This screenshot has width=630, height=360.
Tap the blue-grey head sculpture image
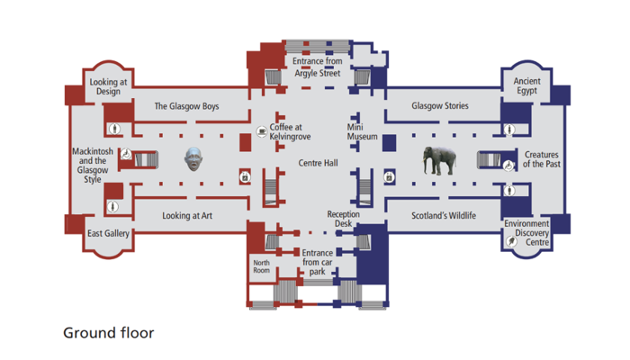pos(193,160)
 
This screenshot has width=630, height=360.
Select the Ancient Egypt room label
pos(526,86)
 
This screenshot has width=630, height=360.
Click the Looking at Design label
pos(108,86)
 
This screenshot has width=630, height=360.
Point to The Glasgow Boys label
pos(186,106)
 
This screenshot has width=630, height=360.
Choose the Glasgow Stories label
pos(440,106)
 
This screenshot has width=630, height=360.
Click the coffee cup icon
pos(261,129)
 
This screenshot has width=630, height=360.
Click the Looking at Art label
pos(187,216)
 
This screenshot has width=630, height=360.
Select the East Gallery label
pos(108,234)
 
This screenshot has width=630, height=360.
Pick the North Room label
pos(261,266)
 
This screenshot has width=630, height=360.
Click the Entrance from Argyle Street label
pos(317,67)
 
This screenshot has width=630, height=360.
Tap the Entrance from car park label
pos(318,262)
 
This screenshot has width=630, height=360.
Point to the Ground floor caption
pos(109,333)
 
